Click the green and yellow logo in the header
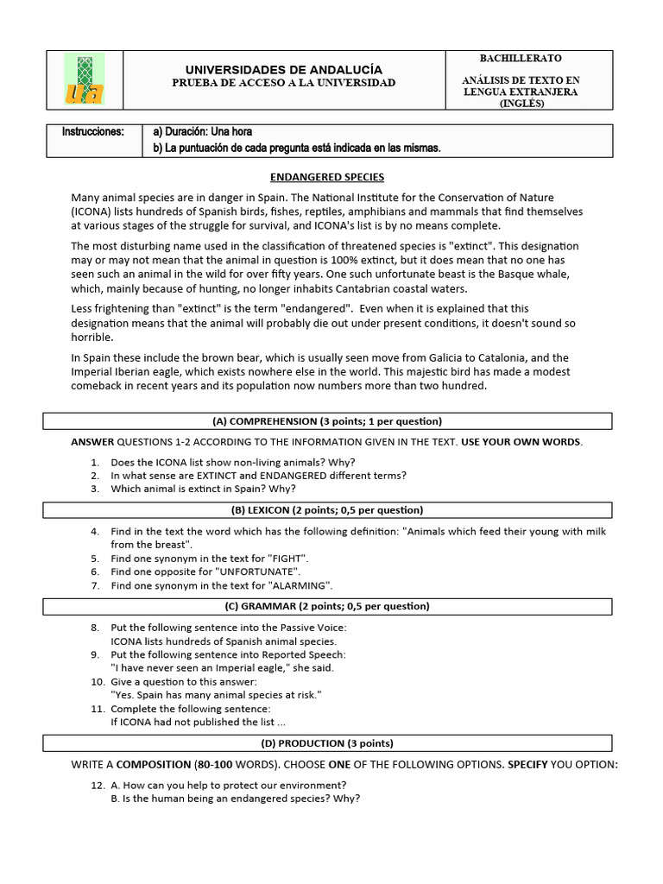[85, 79]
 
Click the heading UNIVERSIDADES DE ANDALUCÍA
[284, 69]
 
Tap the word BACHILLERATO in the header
[520, 58]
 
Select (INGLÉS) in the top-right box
[521, 103]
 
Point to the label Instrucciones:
[93, 132]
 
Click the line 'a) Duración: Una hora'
[202, 132]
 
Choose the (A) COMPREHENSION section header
[327, 421]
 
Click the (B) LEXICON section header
[327, 510]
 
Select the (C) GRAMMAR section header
[327, 607]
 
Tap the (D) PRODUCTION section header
[327, 743]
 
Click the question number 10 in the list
[98, 681]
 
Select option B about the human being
[235, 799]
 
